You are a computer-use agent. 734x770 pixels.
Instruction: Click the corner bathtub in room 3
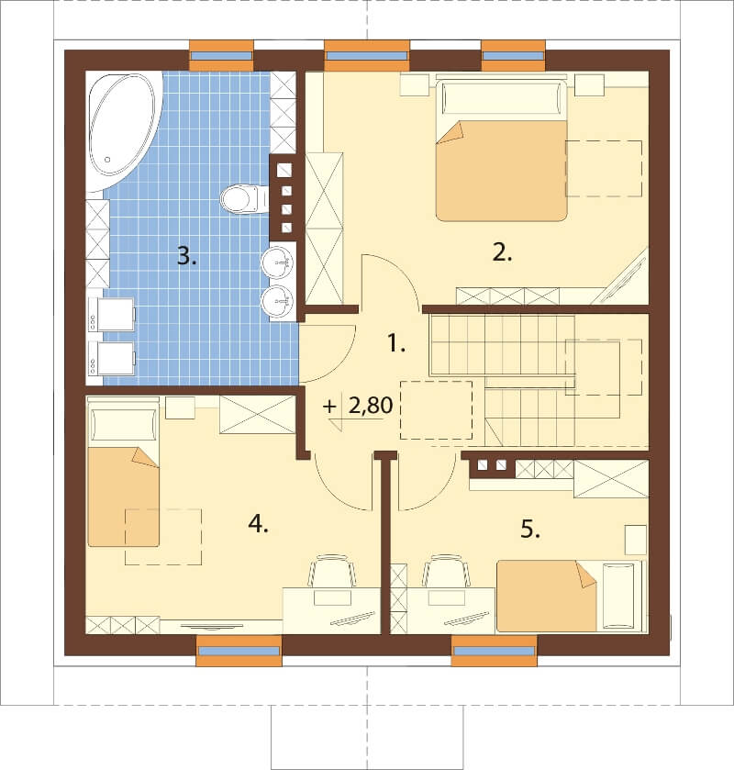pos(124,131)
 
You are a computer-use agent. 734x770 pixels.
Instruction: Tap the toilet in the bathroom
pos(239,199)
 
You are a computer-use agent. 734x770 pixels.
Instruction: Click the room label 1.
pos(396,343)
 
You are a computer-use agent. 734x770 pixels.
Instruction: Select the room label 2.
pos(502,253)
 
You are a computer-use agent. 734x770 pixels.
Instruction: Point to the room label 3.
pos(186,256)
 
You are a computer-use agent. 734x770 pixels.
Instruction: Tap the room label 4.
pos(258,524)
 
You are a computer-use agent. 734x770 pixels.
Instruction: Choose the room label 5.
pos(530,530)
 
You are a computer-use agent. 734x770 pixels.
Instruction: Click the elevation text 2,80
pos(371,406)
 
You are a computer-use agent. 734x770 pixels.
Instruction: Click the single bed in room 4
pos(123,473)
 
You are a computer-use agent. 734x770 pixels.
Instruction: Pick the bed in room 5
pos(572,596)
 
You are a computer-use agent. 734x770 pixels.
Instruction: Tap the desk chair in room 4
pos(332,571)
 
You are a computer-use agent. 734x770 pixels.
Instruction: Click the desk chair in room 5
pos(446,571)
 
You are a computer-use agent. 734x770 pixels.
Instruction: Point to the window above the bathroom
pos(221,55)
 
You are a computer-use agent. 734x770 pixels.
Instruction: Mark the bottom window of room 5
pos(494,651)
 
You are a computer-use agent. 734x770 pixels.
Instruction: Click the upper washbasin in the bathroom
pos(277,263)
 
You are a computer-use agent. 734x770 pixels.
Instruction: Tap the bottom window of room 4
pos(239,651)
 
